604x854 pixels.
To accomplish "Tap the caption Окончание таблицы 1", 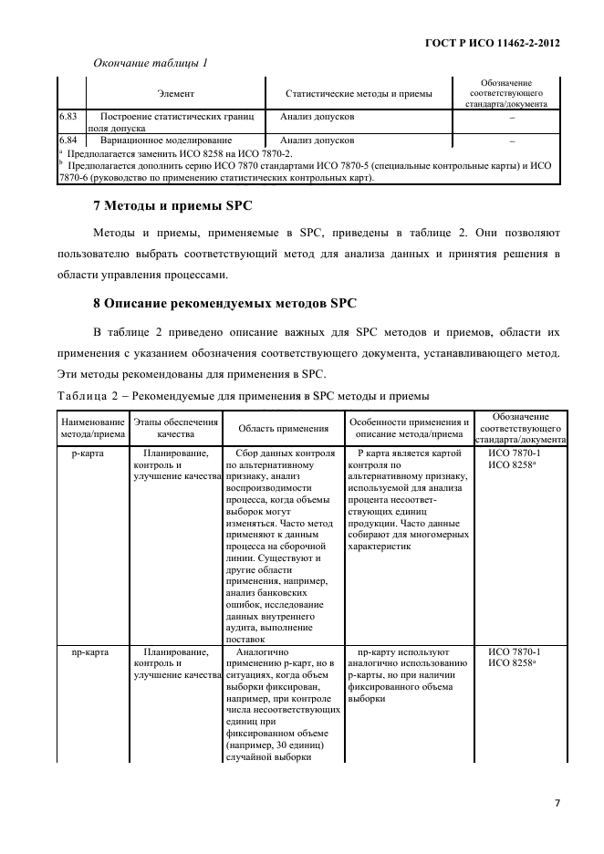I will [x=151, y=63].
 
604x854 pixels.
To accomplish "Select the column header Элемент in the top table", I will [x=175, y=93].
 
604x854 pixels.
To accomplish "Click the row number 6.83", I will [x=67, y=117].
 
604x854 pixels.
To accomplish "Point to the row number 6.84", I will [x=67, y=141].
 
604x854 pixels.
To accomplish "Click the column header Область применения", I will [x=284, y=428].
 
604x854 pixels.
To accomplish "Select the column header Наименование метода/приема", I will [x=92, y=428].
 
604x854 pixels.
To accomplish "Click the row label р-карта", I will [x=86, y=453].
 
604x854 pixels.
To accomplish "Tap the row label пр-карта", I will [x=85, y=652].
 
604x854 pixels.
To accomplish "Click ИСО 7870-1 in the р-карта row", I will [x=515, y=453].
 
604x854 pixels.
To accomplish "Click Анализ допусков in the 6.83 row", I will [x=318, y=117].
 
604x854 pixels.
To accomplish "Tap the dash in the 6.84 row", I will [x=512, y=141].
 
